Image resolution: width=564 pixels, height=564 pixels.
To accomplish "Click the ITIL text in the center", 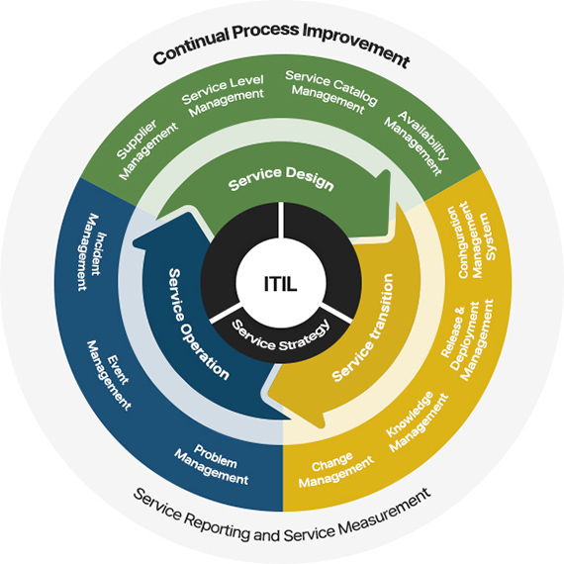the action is pos(281,284).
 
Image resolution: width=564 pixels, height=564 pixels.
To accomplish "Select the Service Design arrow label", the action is pos(281,178).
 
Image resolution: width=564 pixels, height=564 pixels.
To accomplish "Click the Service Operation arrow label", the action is pos(198,325).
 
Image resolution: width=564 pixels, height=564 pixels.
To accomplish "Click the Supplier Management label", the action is pos(146,148).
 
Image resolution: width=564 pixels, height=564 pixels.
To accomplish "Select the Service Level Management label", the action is pos(223,95).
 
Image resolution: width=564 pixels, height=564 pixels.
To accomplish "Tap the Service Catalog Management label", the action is pos(330,92).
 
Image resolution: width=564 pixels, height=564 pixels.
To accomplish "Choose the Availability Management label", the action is pos(418,142).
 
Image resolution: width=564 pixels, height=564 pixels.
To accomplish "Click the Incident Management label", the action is pos(92,252).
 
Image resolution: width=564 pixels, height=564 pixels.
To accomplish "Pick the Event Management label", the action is pos(109,375).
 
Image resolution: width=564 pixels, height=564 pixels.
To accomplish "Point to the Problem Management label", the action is pos(212,465).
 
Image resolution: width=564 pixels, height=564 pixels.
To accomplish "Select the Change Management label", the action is pos(336,470).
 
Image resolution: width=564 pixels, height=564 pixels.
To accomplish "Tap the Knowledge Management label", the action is pos(418,422).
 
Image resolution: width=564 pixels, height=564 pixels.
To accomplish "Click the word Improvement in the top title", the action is pos(356,45).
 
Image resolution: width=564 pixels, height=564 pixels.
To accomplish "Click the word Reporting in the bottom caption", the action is pos(218,526).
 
